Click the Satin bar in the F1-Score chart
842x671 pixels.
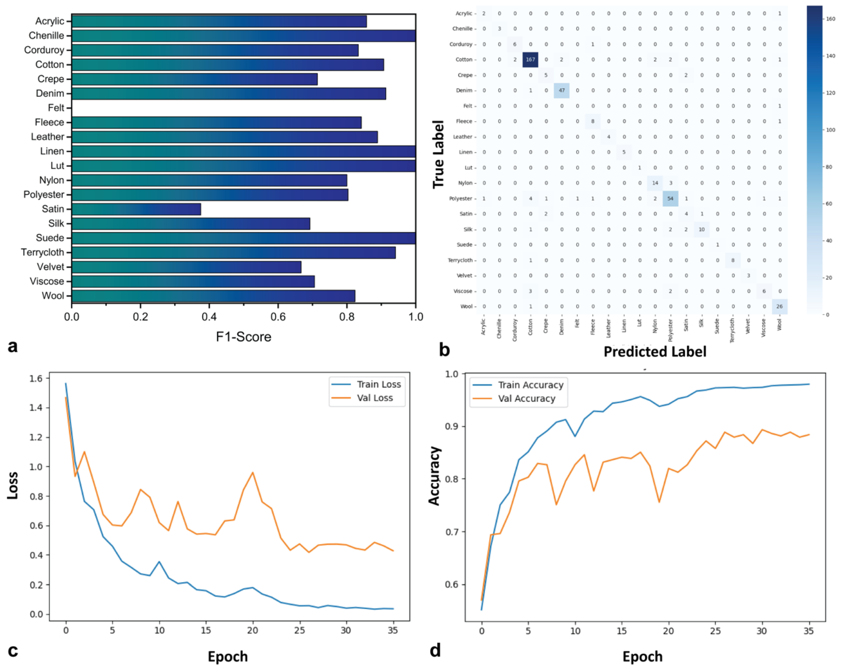[x=136, y=209]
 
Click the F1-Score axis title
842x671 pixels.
[x=243, y=336]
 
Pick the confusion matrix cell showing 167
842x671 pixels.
[x=530, y=60]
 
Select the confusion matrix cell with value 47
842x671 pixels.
[x=562, y=91]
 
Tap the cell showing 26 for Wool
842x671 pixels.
[x=779, y=306]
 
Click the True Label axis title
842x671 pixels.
[x=439, y=154]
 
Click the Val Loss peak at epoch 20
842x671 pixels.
[x=253, y=472]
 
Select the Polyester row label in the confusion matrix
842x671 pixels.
[x=461, y=199]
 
